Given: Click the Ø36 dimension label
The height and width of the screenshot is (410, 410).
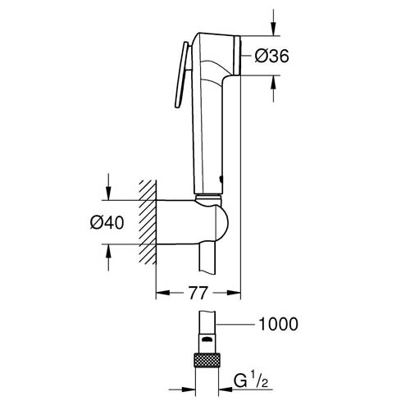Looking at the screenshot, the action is coord(271,56).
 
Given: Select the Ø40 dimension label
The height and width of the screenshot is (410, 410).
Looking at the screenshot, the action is coord(107,222).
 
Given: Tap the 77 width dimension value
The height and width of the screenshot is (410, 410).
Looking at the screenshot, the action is coord(198,293).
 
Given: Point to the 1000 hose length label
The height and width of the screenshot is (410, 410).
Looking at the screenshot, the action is coord(278,324).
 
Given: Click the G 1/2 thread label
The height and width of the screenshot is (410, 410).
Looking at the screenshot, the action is coord(251,380).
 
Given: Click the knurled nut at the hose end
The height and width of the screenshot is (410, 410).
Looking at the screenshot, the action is coord(207,360).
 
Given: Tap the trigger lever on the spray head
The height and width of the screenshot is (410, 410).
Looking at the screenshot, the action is coord(181,75).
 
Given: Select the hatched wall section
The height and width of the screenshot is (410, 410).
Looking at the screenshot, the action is coord(148,222).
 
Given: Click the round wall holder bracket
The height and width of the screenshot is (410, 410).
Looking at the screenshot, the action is coord(192,222).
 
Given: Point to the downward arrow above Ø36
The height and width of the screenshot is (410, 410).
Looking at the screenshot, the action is coord(273,22).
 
